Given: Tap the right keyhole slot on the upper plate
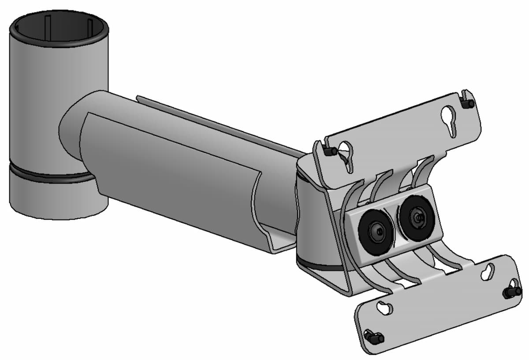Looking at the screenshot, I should click(449, 118).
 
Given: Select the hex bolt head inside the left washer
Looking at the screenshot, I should click(376, 231).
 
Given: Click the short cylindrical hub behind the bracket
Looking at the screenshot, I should click(313, 221).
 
